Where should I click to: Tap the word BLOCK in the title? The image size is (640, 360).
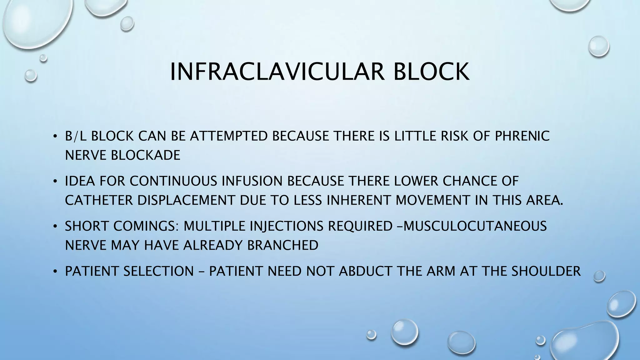431,72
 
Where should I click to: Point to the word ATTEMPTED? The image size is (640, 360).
229,136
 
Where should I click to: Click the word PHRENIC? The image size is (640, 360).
522,136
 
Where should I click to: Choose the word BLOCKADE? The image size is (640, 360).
146,155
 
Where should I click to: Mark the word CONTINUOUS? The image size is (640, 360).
173,181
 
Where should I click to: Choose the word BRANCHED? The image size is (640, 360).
283,245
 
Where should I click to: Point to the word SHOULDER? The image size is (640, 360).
546,271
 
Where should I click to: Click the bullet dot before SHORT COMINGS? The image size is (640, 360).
55,226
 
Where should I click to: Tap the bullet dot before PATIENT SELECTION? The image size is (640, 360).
55,271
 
